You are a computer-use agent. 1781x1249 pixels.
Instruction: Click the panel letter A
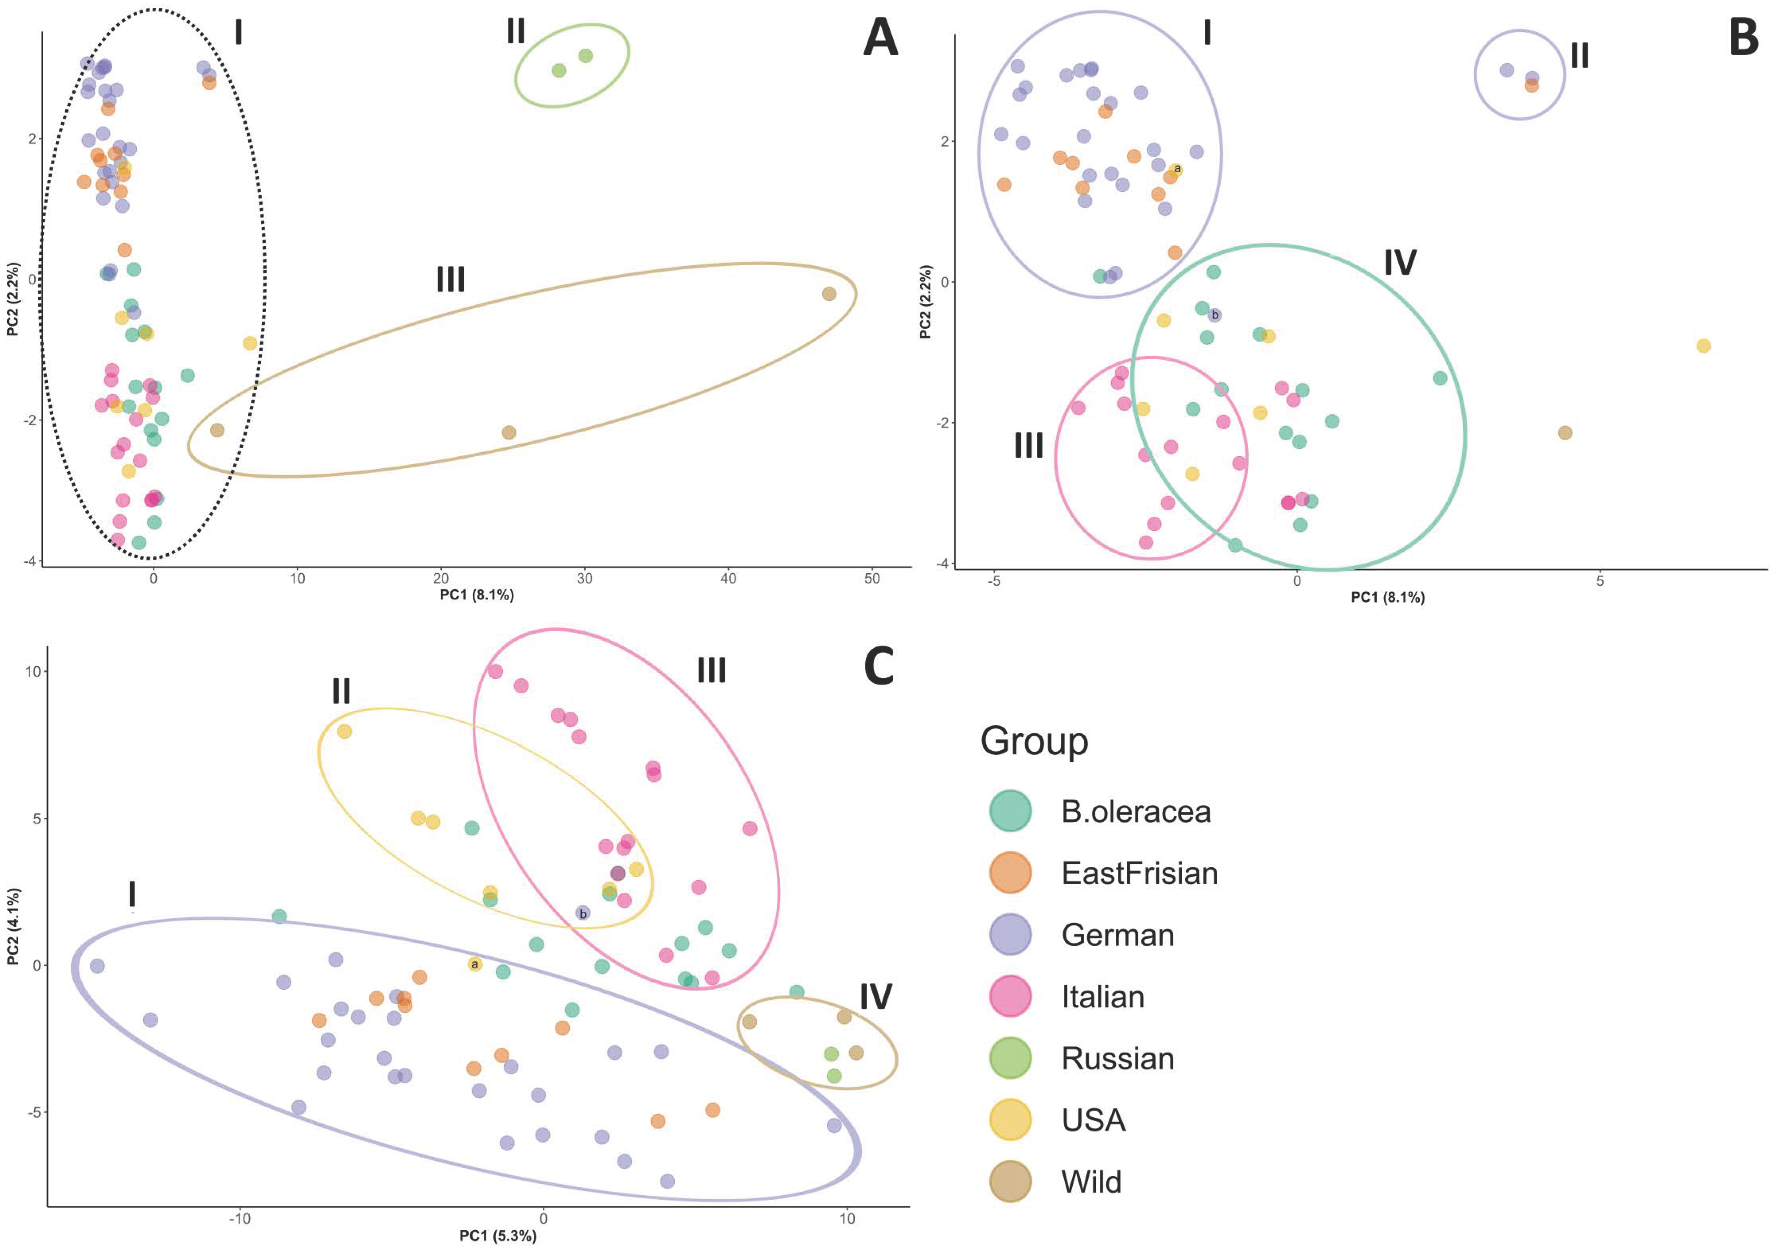point(881,39)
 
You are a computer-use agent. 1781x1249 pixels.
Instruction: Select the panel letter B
point(1744,39)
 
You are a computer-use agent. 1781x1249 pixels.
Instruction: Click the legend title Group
point(1034,741)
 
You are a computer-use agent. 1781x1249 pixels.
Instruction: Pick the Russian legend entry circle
point(1010,1058)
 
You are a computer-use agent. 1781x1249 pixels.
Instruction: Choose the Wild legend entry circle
point(1010,1181)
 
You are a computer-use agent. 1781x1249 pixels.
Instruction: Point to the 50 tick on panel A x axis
point(872,578)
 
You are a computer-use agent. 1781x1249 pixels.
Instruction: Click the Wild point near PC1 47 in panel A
point(829,294)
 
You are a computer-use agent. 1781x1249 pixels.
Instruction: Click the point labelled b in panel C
point(583,913)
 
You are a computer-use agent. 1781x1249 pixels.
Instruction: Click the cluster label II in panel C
point(341,691)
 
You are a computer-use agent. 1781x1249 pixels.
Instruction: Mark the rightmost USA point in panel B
point(1703,346)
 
